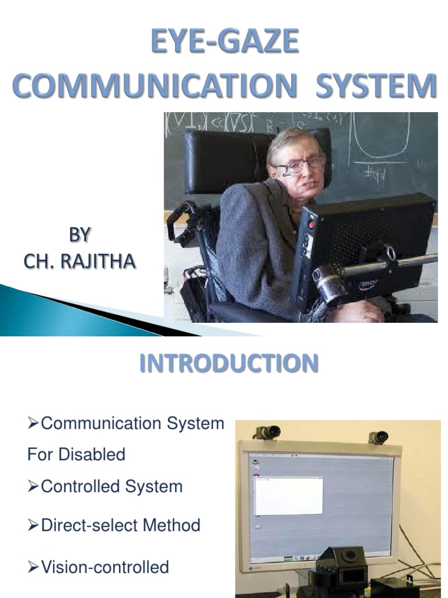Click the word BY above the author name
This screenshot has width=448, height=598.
80,235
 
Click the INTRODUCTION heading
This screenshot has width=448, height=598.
229,363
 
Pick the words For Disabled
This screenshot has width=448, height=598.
76,454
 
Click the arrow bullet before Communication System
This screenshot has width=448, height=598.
33,423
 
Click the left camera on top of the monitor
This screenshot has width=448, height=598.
267,432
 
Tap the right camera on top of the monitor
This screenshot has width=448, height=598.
379,437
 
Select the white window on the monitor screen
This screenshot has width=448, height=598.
289,495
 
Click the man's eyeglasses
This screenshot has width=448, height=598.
298,165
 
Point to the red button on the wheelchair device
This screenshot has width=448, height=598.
311,225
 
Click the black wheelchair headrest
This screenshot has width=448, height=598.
225,161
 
